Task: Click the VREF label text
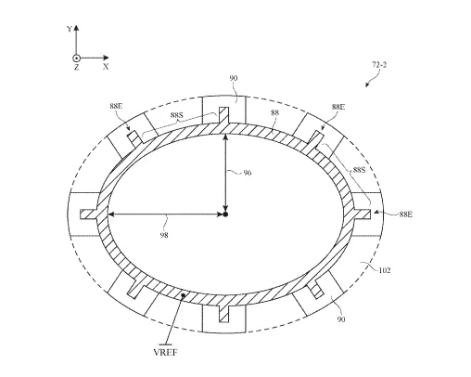tap(166, 352)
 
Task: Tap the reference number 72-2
tap(379, 65)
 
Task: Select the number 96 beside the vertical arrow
tap(248, 173)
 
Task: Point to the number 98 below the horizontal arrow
tap(164, 235)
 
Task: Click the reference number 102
tap(385, 270)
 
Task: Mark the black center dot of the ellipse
tap(225, 214)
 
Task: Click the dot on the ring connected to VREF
tap(183, 295)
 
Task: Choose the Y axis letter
tap(70, 29)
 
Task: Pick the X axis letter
tap(106, 66)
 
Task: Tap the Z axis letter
tap(76, 67)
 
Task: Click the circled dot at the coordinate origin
tap(76, 58)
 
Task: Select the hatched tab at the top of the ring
tap(223, 115)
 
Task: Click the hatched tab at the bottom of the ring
tap(223, 313)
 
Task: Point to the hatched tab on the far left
tap(89, 214)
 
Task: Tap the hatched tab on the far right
tap(362, 214)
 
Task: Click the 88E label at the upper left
tap(116, 106)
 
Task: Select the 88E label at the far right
tap(406, 214)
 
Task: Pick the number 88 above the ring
tap(274, 112)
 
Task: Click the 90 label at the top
tap(234, 78)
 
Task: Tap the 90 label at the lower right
tap(341, 319)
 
